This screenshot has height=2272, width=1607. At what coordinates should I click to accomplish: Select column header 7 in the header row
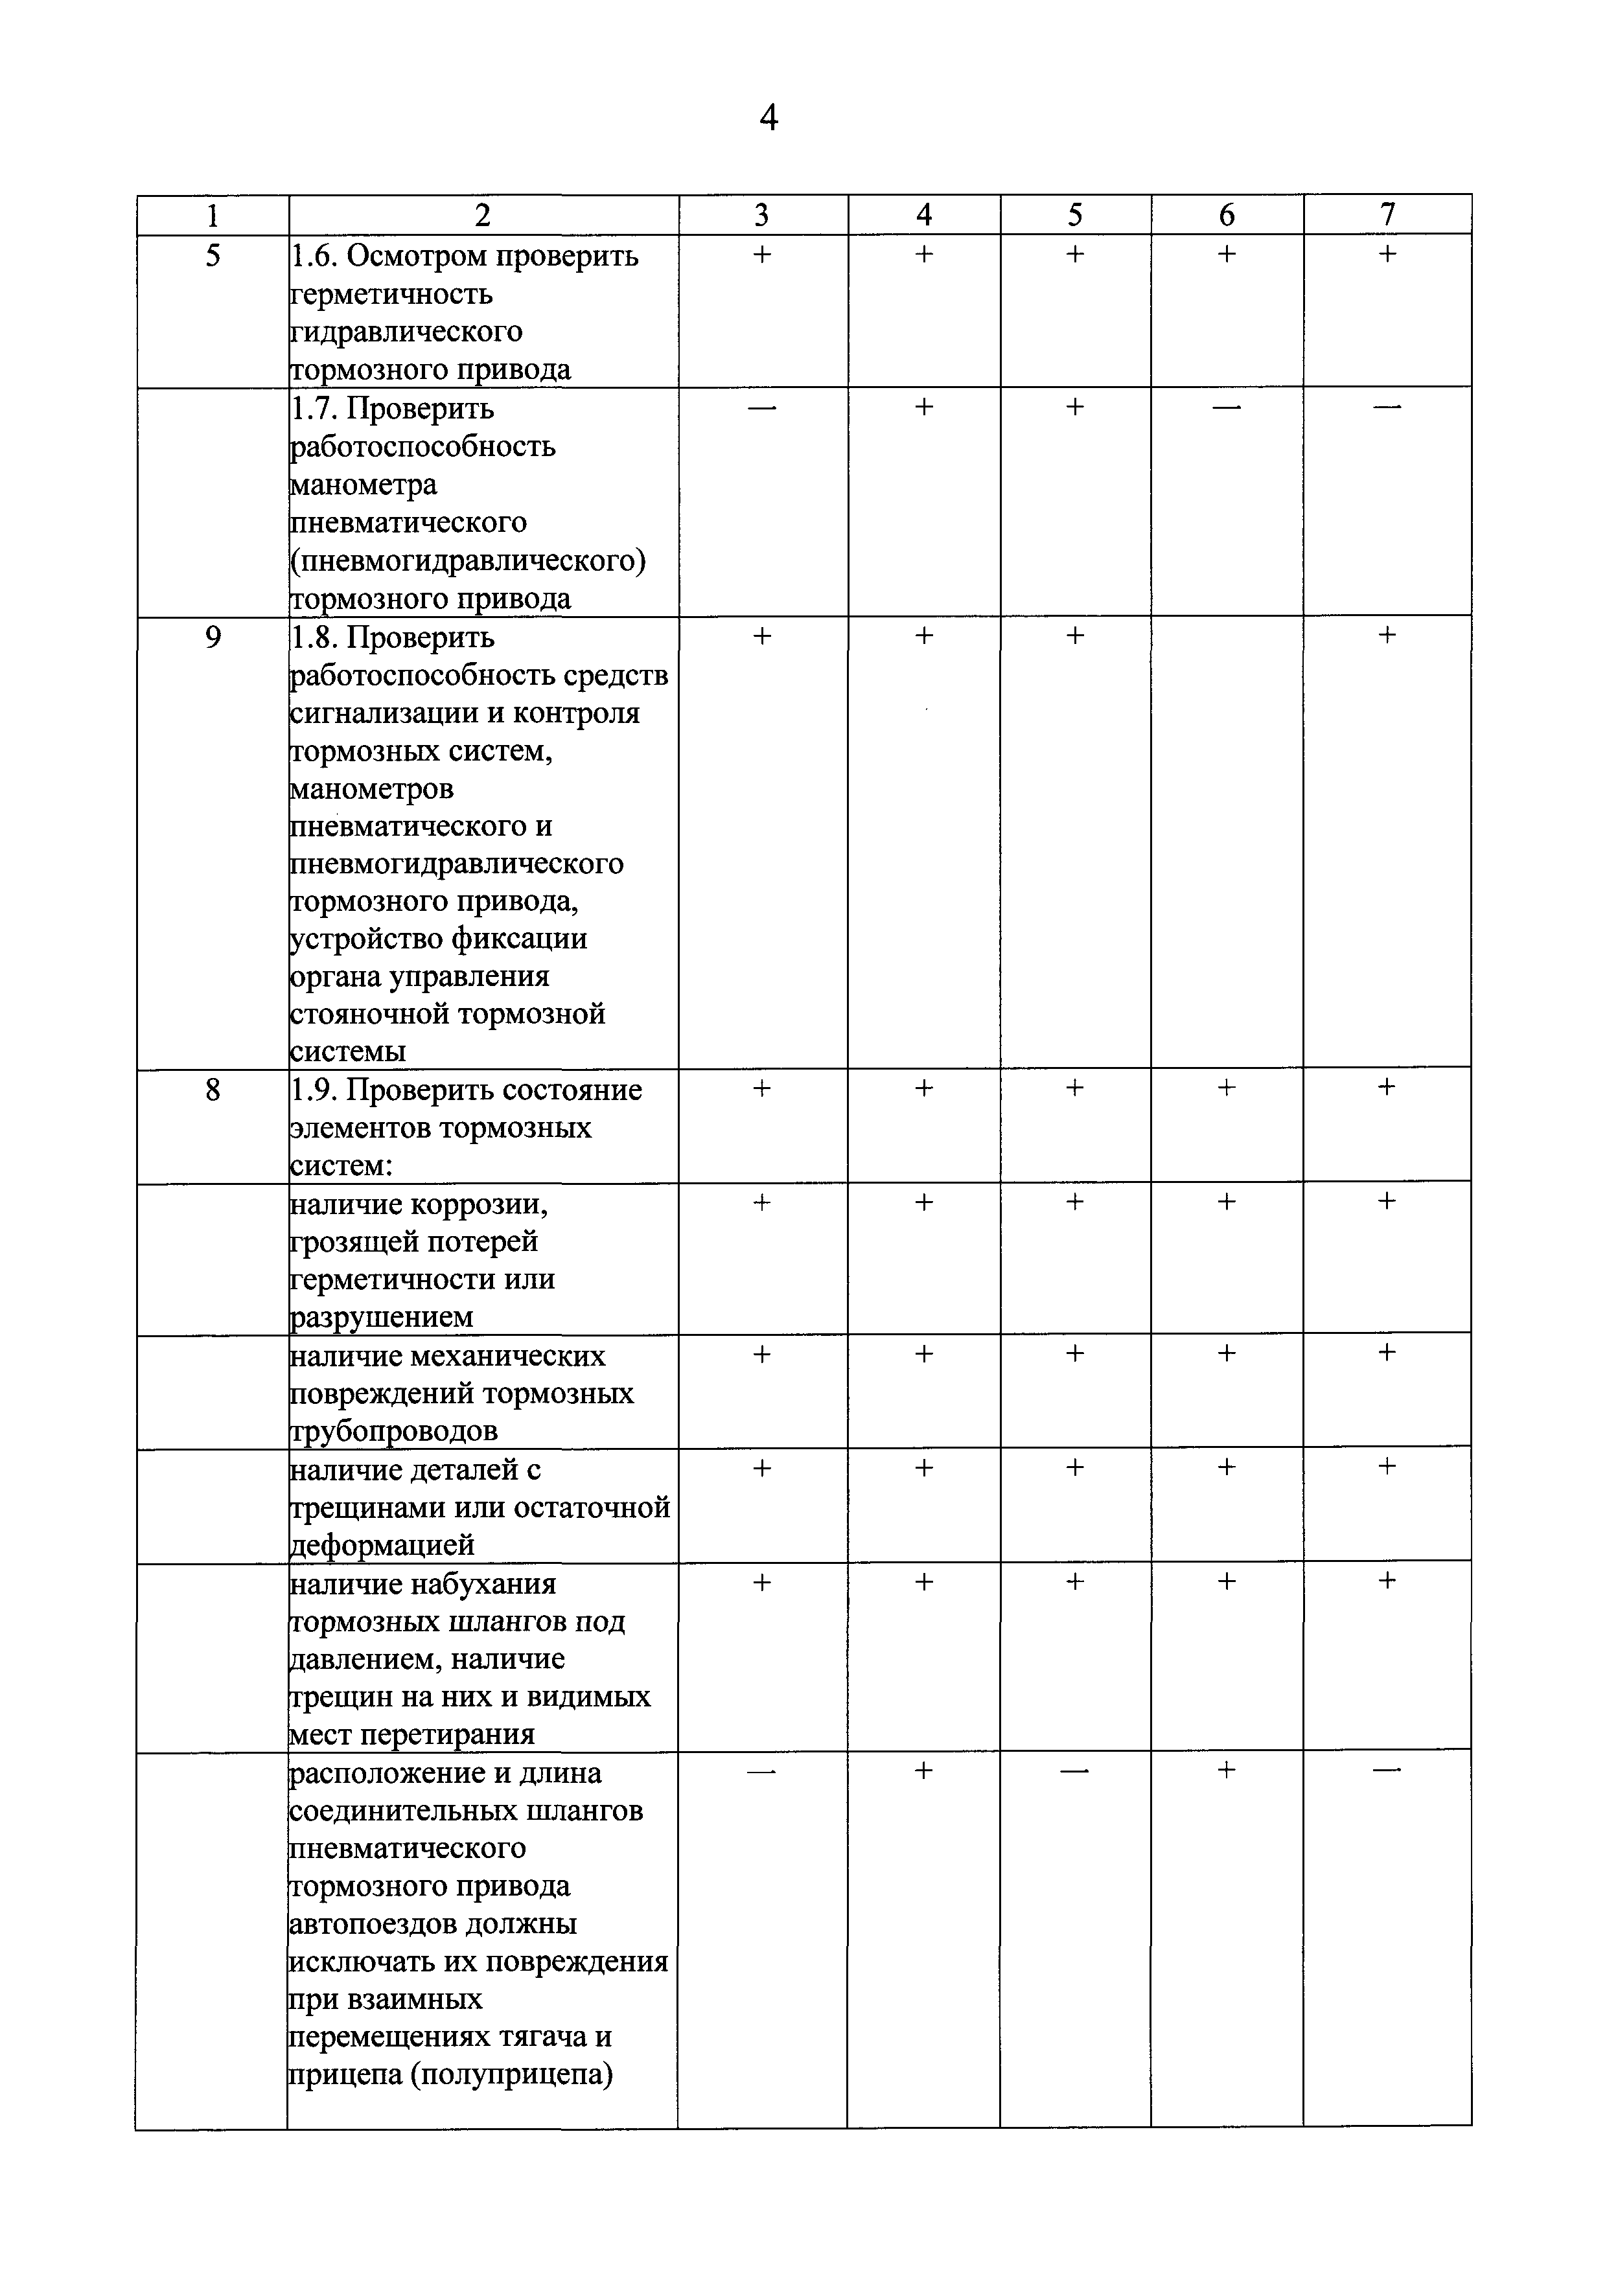pos(1387,214)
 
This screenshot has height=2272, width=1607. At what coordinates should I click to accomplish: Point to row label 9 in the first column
pos(213,637)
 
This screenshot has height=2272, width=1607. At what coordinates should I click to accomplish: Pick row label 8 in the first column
pos(213,1090)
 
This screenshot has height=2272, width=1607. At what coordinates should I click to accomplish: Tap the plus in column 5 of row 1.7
pos(1074,407)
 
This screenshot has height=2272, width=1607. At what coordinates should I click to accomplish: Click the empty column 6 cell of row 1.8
pos(1227,841)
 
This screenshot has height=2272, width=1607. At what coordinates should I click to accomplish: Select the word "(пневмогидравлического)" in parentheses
pos(468,561)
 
